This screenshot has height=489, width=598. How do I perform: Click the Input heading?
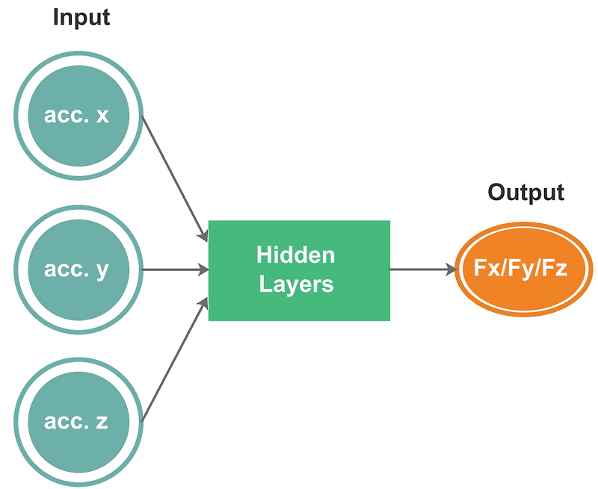pos(81,17)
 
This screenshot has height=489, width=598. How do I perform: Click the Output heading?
pos(525,192)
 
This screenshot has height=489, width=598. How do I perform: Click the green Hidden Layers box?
pos(298,270)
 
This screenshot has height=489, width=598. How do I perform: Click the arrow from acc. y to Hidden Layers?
pos(174,270)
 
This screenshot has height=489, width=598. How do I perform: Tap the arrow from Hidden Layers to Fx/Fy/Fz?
pos(422,269)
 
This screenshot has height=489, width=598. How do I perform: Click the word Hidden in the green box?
pos(295,255)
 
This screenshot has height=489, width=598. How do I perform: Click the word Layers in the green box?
pos(296,284)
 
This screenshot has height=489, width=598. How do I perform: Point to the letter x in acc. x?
pos(102,116)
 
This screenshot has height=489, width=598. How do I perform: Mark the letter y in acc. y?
pos(102,271)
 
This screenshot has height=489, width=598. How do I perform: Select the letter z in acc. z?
pos(102,423)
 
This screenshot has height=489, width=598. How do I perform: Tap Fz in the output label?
pos(557,269)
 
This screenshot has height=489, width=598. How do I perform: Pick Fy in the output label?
pos(521,270)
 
